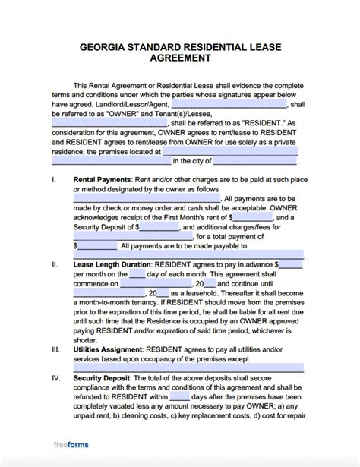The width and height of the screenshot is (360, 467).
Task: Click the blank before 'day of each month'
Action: pos(137,274)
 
